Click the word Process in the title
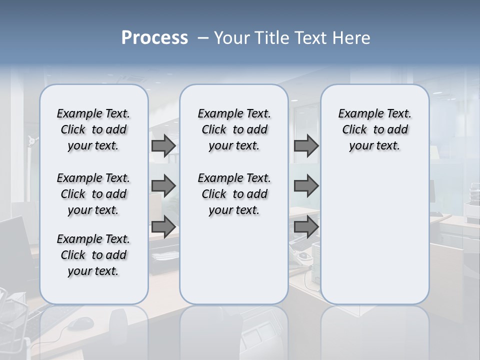point(154,38)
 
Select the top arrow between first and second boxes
point(163,146)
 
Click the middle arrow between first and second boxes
point(163,186)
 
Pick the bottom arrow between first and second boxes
point(163,226)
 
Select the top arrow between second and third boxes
point(306,146)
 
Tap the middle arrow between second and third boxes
point(306,186)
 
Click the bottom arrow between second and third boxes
point(306,226)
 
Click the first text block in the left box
point(93,129)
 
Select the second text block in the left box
point(93,194)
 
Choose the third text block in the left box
point(93,255)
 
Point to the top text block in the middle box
point(234,129)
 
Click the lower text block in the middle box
point(234,194)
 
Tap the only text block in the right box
point(374,129)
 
